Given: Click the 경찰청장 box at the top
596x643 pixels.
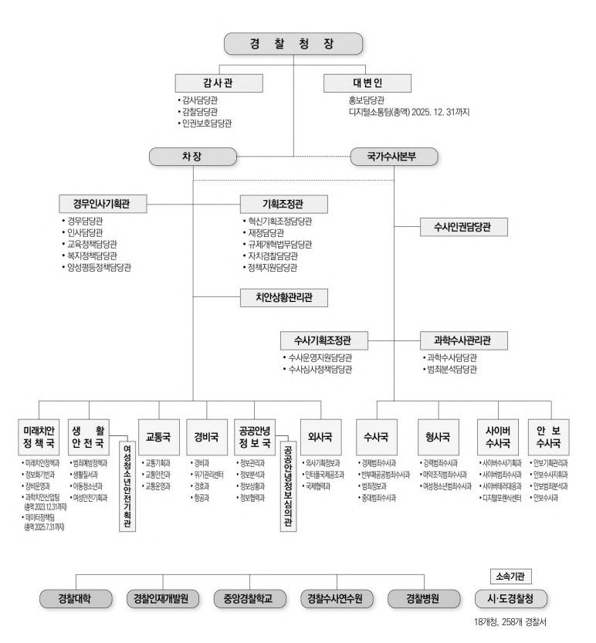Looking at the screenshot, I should coord(293,43).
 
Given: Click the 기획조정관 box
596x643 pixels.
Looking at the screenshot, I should coord(283,205).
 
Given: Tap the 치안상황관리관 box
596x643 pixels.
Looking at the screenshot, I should coord(282,296).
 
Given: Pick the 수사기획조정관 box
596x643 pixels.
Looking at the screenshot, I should coord(324,340).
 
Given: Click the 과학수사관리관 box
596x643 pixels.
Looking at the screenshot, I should coord(466,340).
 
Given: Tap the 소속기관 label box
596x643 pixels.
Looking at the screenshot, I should coord(510,575).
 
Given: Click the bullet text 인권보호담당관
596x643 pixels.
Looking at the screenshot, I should coord(205,123).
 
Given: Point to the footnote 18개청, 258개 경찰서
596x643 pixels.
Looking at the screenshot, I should coord(510,621).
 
